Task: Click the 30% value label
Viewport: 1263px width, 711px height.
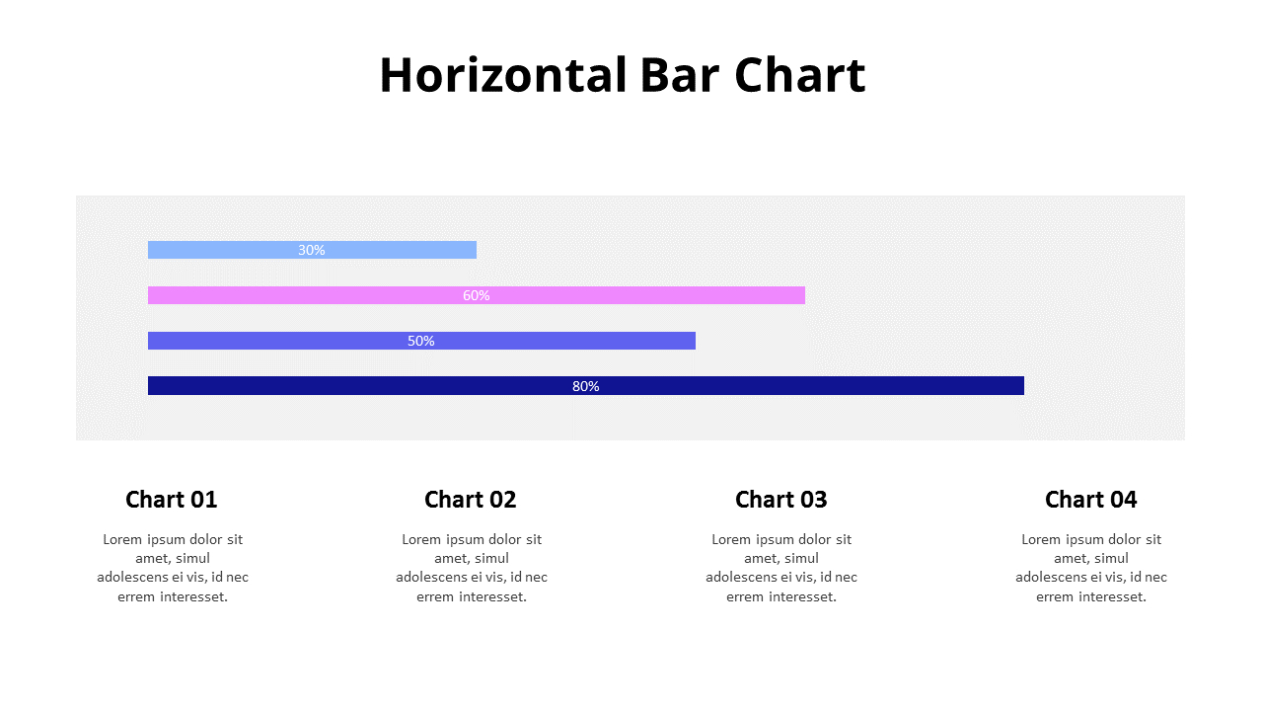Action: coord(312,250)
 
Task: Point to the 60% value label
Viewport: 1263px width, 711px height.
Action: coord(477,295)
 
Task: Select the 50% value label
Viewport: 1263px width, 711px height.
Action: coord(421,341)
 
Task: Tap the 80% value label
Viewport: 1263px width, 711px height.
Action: coord(586,386)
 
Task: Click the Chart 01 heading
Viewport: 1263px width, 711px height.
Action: coord(172,500)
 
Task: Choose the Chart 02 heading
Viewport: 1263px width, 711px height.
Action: coord(471,500)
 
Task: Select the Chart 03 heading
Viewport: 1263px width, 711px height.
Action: coord(781,500)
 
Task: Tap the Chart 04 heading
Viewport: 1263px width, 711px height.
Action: coord(1091,500)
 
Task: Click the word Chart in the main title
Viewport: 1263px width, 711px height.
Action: coord(800,75)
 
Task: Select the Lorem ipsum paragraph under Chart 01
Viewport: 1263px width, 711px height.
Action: coord(173,568)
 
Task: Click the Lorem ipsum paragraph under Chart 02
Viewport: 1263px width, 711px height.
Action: coord(472,568)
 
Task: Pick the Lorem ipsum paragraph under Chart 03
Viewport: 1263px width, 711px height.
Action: coord(781,568)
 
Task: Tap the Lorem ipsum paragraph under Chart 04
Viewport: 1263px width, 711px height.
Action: coord(1091,568)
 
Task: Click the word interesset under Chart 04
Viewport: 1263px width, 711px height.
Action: coord(1113,596)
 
